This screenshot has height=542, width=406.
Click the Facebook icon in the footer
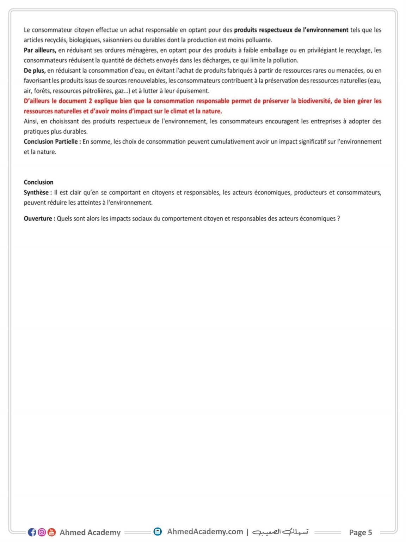tap(32, 532)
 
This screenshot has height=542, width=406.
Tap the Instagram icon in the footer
tap(42, 532)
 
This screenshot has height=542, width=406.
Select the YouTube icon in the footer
tap(51, 532)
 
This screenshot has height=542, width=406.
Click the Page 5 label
tap(360, 532)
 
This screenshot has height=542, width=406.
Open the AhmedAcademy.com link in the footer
tap(205, 531)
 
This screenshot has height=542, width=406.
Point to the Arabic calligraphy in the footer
tap(281, 532)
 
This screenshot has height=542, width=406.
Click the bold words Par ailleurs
tap(40, 50)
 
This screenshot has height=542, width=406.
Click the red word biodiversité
tap(315, 101)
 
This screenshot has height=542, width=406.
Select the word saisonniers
tap(119, 40)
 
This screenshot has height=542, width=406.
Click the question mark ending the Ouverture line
tap(338, 218)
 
